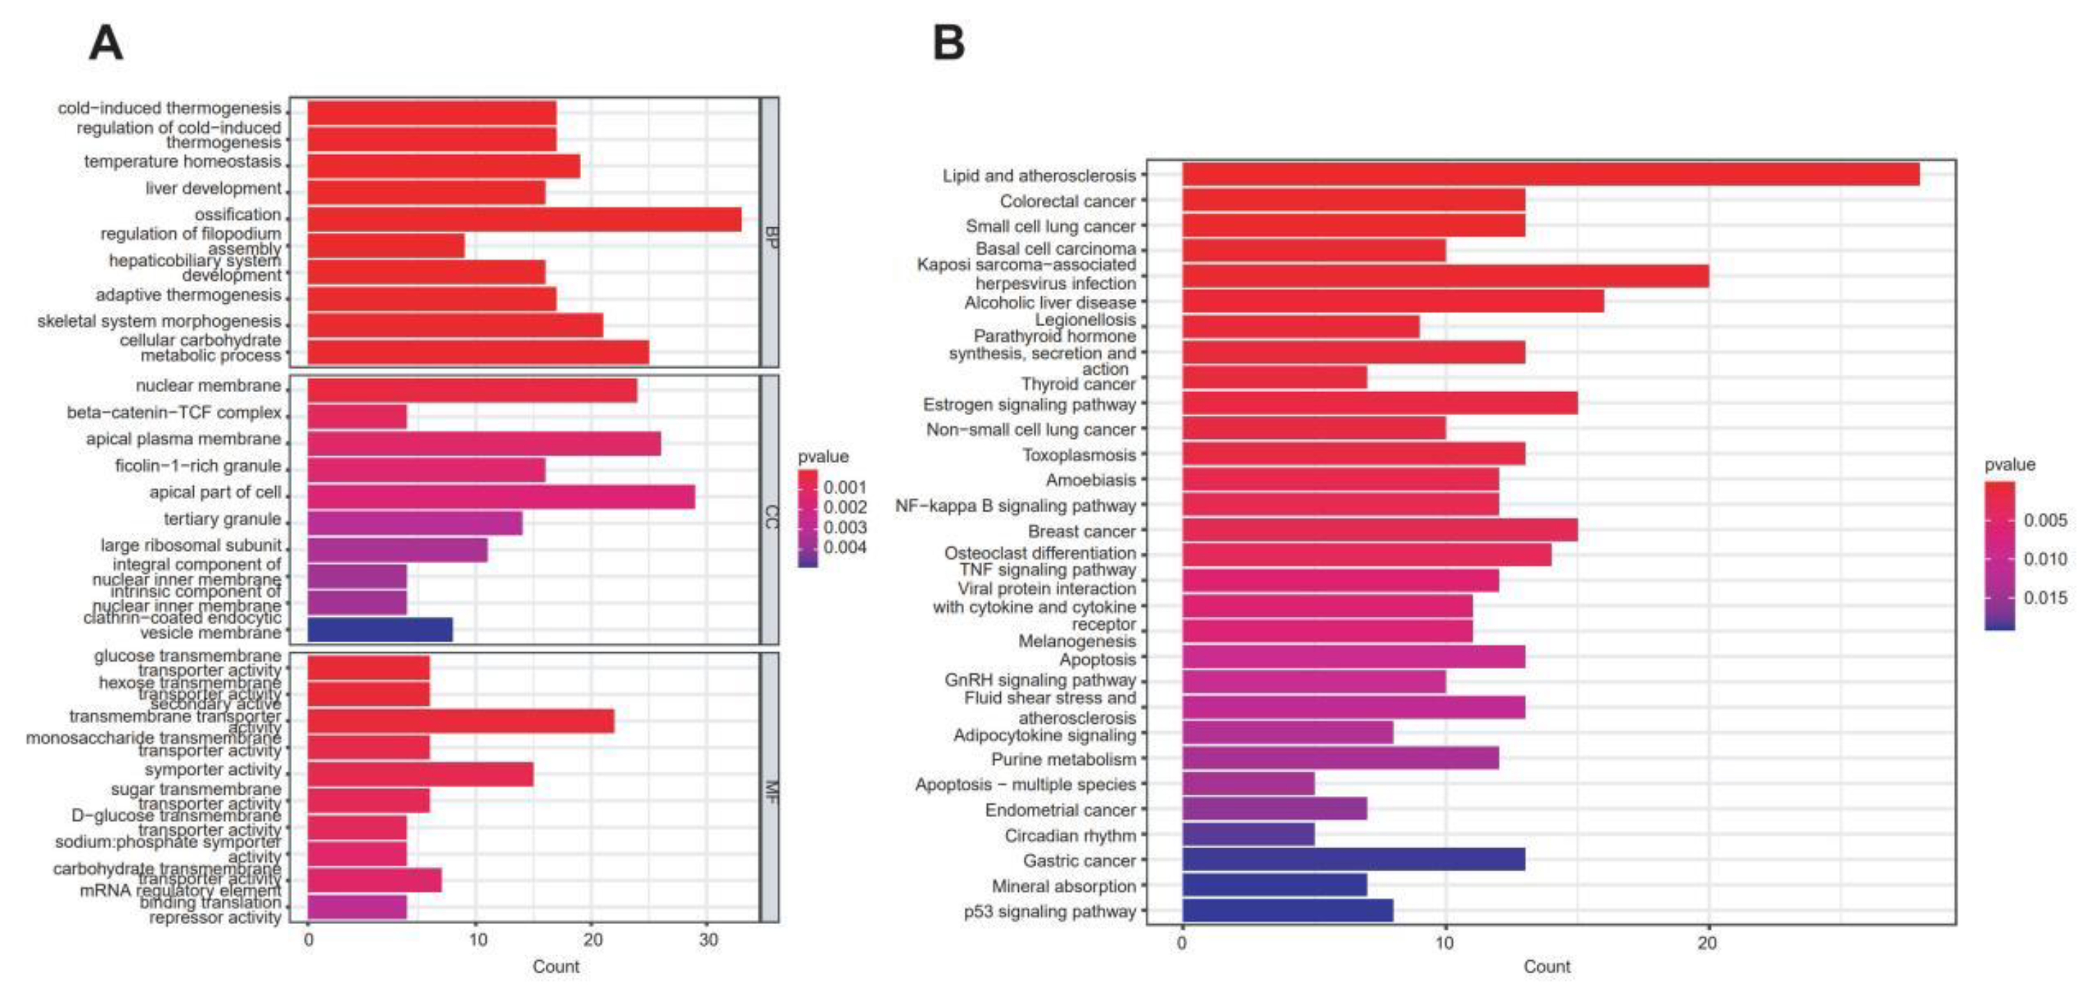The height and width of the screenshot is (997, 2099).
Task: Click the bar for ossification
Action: click(524, 219)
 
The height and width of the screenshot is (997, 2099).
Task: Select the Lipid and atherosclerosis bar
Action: click(1550, 175)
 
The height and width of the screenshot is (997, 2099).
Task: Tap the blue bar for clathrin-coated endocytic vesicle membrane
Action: click(379, 629)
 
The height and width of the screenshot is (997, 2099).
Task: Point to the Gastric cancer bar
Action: click(1353, 860)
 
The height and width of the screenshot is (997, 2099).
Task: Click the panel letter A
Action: click(106, 43)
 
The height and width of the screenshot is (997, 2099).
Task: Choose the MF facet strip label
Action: click(770, 792)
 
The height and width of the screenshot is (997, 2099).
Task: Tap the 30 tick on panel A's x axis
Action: click(708, 940)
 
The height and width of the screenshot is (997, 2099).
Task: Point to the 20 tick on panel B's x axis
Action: click(1707, 943)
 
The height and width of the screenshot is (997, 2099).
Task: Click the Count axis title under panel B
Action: click(1546, 967)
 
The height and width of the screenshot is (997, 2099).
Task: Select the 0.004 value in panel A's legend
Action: click(844, 547)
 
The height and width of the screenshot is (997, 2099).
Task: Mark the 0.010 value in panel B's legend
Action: click(2045, 559)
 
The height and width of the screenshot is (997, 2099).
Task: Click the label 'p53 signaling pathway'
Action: click(1049, 911)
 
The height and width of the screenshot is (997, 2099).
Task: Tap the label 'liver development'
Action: click(213, 188)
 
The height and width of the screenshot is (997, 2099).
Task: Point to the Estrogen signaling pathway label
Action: click(1029, 405)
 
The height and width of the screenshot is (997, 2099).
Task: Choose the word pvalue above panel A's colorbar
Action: click(823, 457)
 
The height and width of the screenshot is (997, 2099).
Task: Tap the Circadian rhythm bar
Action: click(1248, 834)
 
